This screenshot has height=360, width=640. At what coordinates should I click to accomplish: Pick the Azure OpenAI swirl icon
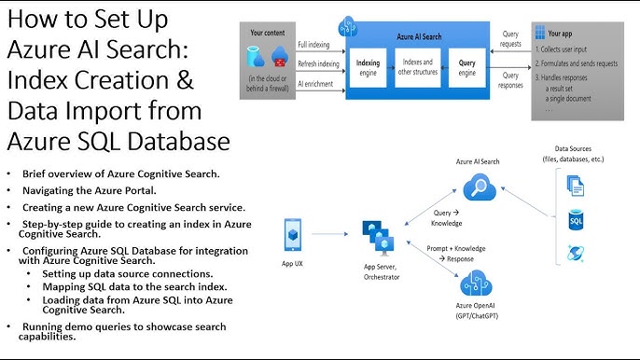click(x=477, y=284)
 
